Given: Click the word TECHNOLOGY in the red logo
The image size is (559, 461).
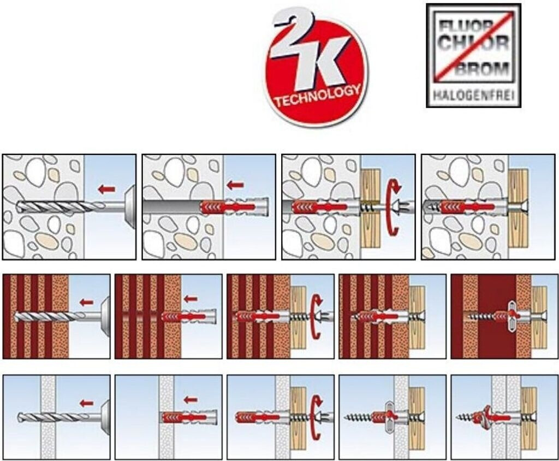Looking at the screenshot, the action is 318,96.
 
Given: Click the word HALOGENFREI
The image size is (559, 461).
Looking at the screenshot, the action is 473,95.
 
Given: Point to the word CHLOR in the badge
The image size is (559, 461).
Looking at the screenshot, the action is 473,43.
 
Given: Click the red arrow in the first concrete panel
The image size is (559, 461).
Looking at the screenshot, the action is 106,189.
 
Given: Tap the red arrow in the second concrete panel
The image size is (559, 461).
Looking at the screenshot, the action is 235,185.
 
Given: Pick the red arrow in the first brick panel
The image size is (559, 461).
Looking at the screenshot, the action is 86,303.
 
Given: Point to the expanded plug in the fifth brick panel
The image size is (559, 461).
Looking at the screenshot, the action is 511,316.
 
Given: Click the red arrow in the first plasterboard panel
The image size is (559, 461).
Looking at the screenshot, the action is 86,403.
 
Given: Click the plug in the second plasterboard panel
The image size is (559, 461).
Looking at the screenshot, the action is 188,417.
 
